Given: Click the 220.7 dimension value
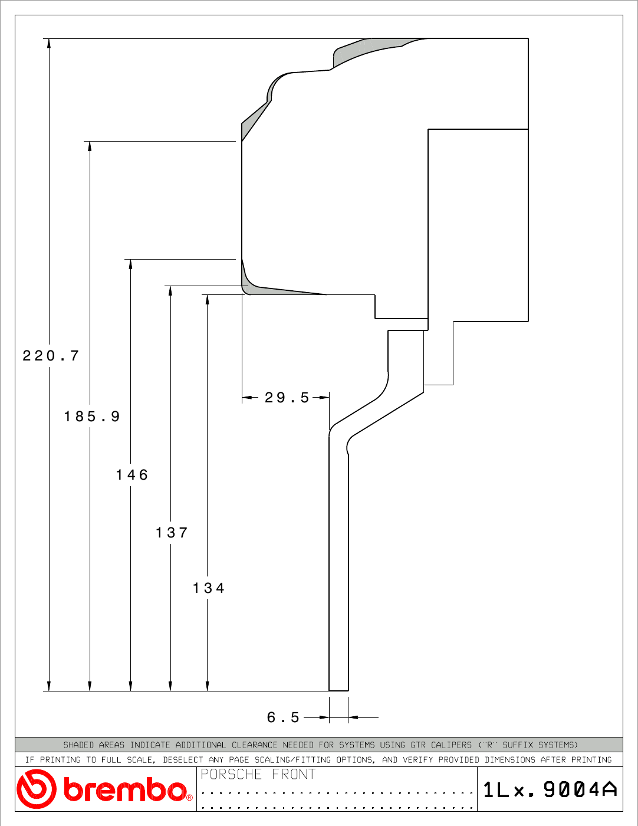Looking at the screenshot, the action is click(x=51, y=356).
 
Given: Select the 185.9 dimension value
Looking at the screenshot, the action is click(x=92, y=416).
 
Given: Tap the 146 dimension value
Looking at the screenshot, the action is click(x=131, y=475).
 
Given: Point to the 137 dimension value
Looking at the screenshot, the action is click(x=172, y=533).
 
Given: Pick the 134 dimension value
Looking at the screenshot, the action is click(x=209, y=588).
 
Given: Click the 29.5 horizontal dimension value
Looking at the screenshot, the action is click(x=287, y=398).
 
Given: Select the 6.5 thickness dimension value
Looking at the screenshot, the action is click(x=283, y=717).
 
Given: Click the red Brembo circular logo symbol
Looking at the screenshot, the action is click(x=37, y=789).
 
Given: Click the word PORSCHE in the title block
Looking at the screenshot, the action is click(x=231, y=774).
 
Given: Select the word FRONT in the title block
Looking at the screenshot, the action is click(x=294, y=774).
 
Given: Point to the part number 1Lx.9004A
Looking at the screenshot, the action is click(x=550, y=789).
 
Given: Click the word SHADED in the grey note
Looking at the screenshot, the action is click(x=79, y=745).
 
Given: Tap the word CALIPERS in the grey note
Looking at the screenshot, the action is click(x=452, y=745).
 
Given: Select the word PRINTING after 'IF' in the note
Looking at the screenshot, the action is click(x=61, y=760).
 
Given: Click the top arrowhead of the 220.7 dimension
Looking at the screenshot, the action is click(x=48, y=43).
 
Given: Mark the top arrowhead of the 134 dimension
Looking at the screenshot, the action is click(x=208, y=300).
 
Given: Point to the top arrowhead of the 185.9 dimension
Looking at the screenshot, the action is click(x=90, y=146).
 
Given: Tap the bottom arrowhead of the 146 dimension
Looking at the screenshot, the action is click(x=131, y=686).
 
